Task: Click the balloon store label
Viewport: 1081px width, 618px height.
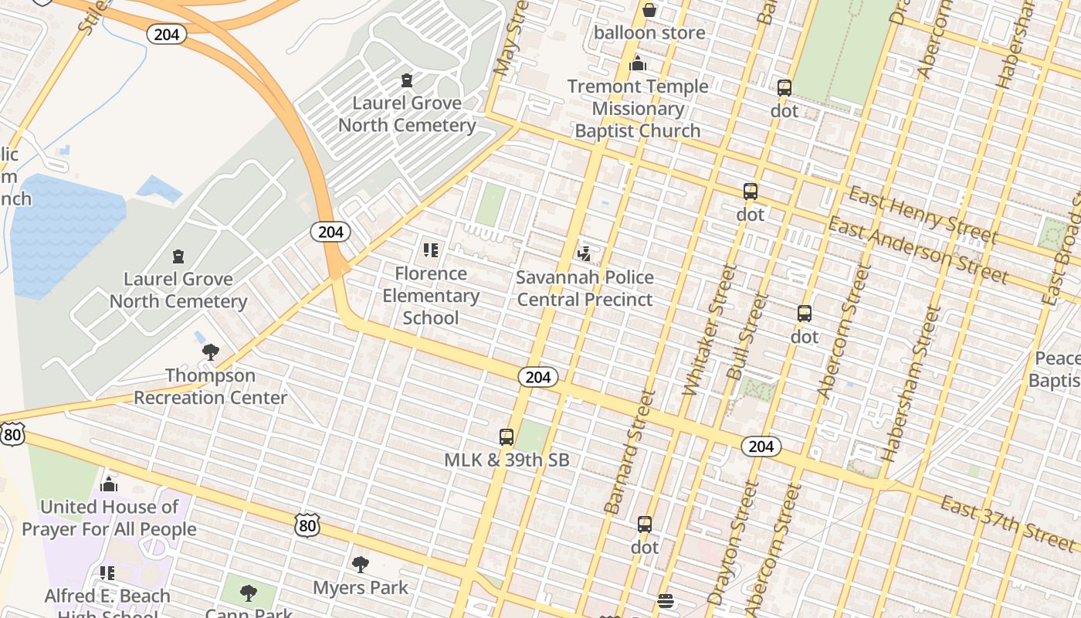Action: [x=649, y=32]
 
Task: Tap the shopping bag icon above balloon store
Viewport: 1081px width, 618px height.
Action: [x=649, y=10]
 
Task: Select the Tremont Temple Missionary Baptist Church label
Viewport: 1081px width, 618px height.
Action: [x=638, y=108]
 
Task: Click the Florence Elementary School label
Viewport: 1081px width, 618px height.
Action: [x=431, y=295]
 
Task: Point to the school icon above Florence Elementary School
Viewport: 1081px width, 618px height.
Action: [x=431, y=250]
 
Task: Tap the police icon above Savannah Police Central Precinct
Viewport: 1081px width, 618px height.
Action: [x=585, y=253]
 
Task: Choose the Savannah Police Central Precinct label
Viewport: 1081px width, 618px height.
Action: [x=585, y=288]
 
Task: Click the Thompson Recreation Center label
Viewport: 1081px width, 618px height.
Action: [x=210, y=386]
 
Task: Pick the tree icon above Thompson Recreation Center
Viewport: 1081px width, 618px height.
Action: [x=210, y=352]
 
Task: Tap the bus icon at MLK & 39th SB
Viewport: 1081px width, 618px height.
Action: [x=507, y=437]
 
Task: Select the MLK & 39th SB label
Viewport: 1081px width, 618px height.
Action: [x=507, y=460]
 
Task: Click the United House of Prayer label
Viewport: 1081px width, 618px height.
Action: [x=109, y=518]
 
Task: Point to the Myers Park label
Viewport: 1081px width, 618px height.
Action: [x=361, y=588]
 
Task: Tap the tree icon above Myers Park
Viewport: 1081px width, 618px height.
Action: [x=361, y=564]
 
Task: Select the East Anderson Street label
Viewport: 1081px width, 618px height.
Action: [x=917, y=250]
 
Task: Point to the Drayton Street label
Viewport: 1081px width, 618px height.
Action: [x=727, y=545]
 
